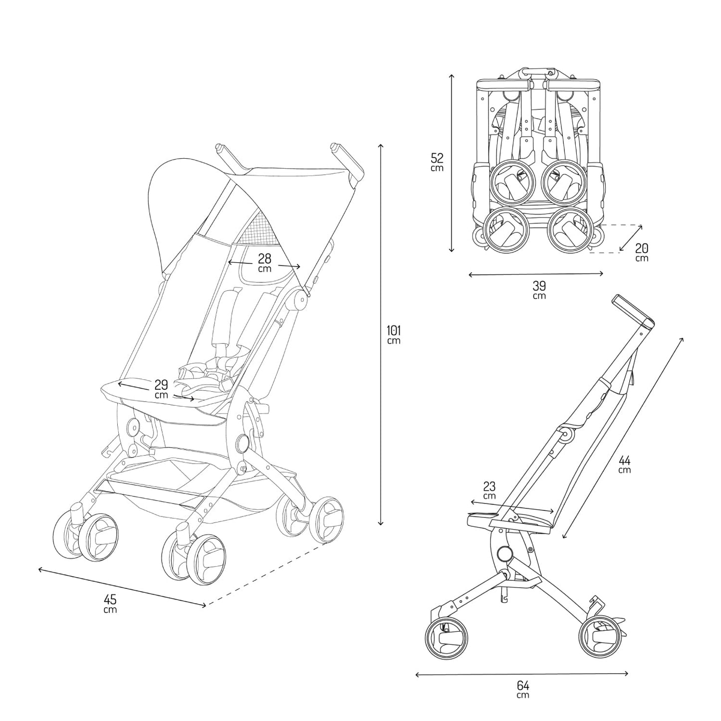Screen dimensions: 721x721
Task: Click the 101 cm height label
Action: (x=394, y=334)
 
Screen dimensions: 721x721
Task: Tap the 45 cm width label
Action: (x=110, y=603)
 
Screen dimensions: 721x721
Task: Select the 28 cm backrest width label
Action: (x=264, y=262)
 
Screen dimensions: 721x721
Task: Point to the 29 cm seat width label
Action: (x=161, y=389)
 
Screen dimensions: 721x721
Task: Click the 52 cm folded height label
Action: (x=437, y=162)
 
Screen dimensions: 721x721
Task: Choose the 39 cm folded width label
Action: (x=539, y=289)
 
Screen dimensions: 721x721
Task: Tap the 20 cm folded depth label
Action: (x=642, y=252)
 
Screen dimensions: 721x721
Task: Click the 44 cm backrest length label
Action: (x=624, y=464)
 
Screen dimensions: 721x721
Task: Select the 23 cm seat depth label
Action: (x=489, y=490)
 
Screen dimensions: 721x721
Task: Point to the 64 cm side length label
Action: (x=522, y=689)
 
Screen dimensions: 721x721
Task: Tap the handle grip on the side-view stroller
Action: (x=631, y=310)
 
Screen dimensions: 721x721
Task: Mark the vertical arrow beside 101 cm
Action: (x=380, y=334)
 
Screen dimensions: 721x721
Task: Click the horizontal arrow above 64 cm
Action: (x=521, y=674)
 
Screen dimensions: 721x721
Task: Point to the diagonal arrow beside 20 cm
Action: (x=631, y=239)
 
